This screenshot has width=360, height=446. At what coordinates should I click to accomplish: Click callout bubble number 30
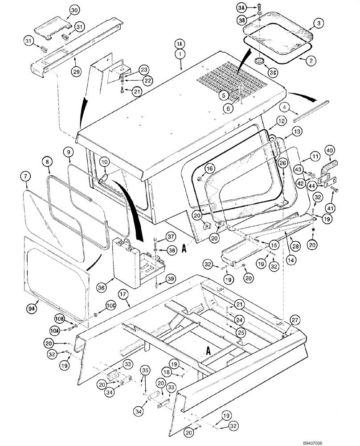click(74, 10)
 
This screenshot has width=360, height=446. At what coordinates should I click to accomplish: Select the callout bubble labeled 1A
click(179, 44)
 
